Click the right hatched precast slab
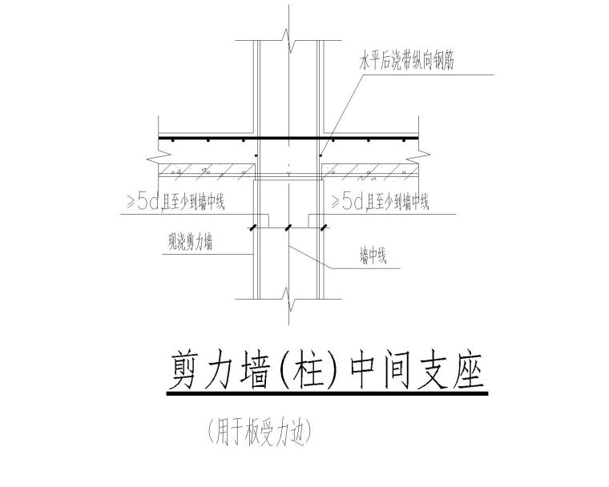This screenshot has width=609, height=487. (369, 171)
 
